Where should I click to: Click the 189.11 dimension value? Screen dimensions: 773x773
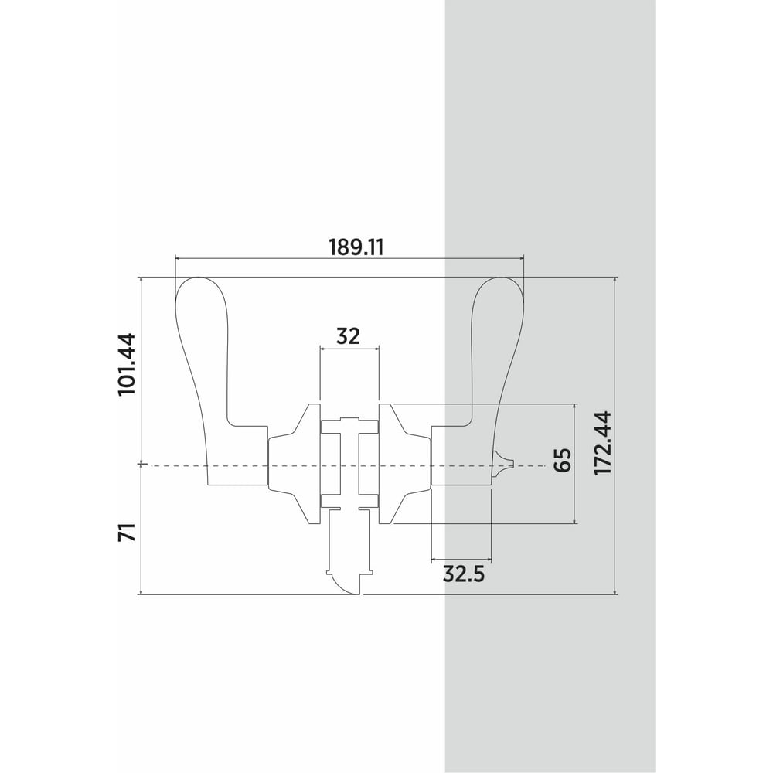pyautogui.click(x=356, y=247)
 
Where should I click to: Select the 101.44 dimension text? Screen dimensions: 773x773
pyautogui.click(x=126, y=364)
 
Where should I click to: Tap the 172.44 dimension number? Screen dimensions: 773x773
pyautogui.click(x=603, y=443)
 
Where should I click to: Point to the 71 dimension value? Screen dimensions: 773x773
pyautogui.click(x=126, y=533)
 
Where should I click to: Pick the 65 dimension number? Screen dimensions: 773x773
pyautogui.click(x=562, y=460)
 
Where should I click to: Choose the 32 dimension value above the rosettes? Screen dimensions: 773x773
pyautogui.click(x=349, y=336)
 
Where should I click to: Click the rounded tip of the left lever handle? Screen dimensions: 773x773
pyautogui.click(x=198, y=278)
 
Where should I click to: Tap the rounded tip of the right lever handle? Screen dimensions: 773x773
pyautogui.click(x=499, y=278)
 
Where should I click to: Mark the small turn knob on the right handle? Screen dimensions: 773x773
pyautogui.click(x=503, y=463)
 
